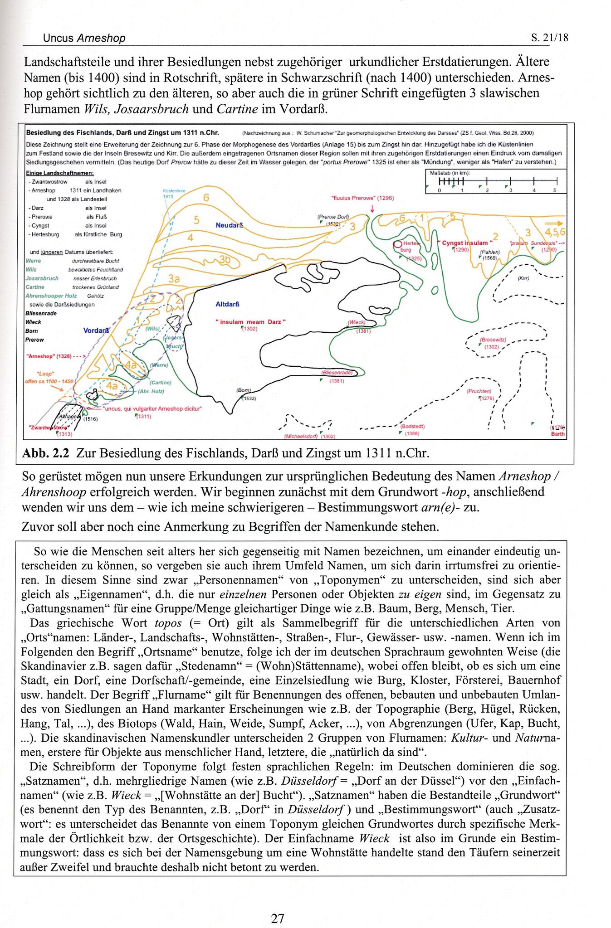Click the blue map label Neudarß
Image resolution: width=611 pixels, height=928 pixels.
(x=230, y=225)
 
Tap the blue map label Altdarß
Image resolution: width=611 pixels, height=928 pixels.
(x=227, y=304)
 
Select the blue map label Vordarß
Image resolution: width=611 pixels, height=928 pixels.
(x=96, y=330)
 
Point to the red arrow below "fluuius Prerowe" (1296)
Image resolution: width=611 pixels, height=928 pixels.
(x=372, y=209)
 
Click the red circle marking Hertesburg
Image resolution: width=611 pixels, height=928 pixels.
(x=398, y=245)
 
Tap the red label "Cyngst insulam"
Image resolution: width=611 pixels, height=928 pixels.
(x=463, y=243)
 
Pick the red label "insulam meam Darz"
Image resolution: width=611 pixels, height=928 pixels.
(x=250, y=322)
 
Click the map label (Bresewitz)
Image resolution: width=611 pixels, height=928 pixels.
(x=493, y=340)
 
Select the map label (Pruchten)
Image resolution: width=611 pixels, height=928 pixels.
(x=479, y=391)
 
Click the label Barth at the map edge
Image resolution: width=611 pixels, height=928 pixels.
(x=557, y=433)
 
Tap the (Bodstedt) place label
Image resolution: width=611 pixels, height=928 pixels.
(x=412, y=426)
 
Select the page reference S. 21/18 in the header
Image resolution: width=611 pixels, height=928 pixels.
(x=549, y=38)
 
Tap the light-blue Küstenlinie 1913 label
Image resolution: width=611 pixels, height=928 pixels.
(x=174, y=194)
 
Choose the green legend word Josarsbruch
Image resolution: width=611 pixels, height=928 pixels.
(x=42, y=278)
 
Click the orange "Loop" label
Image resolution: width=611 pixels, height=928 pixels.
(x=45, y=374)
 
